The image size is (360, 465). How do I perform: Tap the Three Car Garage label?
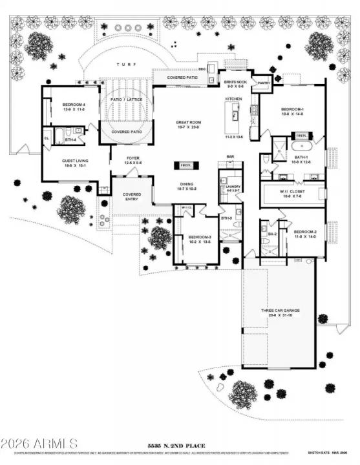point(279,311)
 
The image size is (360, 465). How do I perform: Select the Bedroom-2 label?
point(304,232)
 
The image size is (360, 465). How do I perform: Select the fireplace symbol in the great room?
point(185,165)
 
